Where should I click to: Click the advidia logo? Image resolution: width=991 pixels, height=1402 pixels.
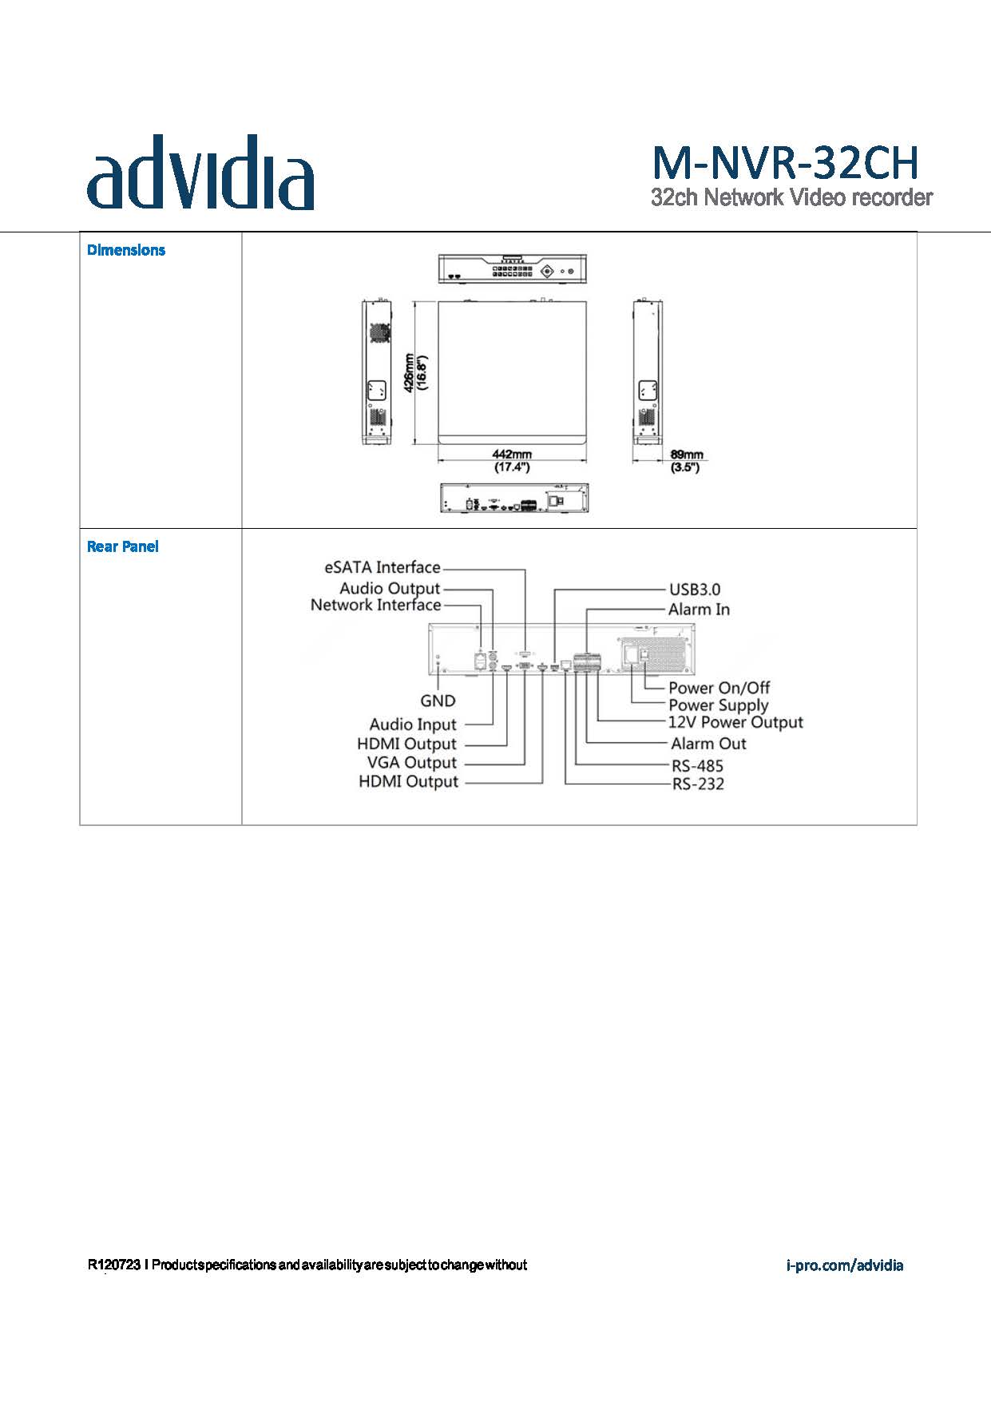click(200, 173)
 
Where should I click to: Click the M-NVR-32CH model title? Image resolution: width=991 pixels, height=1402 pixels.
click(786, 163)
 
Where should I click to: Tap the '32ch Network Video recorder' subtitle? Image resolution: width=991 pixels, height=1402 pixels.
click(791, 197)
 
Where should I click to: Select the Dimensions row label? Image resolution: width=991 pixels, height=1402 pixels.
click(125, 250)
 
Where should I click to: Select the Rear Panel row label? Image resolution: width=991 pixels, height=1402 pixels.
click(122, 546)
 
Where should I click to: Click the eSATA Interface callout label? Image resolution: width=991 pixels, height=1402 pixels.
click(383, 568)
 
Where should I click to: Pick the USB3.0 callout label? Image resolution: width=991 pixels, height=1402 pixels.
click(694, 590)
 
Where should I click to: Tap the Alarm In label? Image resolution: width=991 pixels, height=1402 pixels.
click(699, 610)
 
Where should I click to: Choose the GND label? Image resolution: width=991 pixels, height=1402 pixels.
click(438, 701)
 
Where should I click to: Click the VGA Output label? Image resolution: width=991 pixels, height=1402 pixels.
click(411, 763)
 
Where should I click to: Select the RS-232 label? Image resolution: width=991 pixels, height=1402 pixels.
click(697, 784)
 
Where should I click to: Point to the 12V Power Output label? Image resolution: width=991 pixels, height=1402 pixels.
click(735, 722)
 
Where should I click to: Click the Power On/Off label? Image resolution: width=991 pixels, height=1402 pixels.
click(719, 688)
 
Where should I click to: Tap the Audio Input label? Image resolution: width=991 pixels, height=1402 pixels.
click(412, 725)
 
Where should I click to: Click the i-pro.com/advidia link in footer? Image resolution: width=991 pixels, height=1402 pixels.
click(845, 1265)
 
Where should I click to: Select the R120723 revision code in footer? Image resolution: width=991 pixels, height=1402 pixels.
click(114, 1265)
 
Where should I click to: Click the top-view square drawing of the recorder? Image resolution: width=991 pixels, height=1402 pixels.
click(512, 371)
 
